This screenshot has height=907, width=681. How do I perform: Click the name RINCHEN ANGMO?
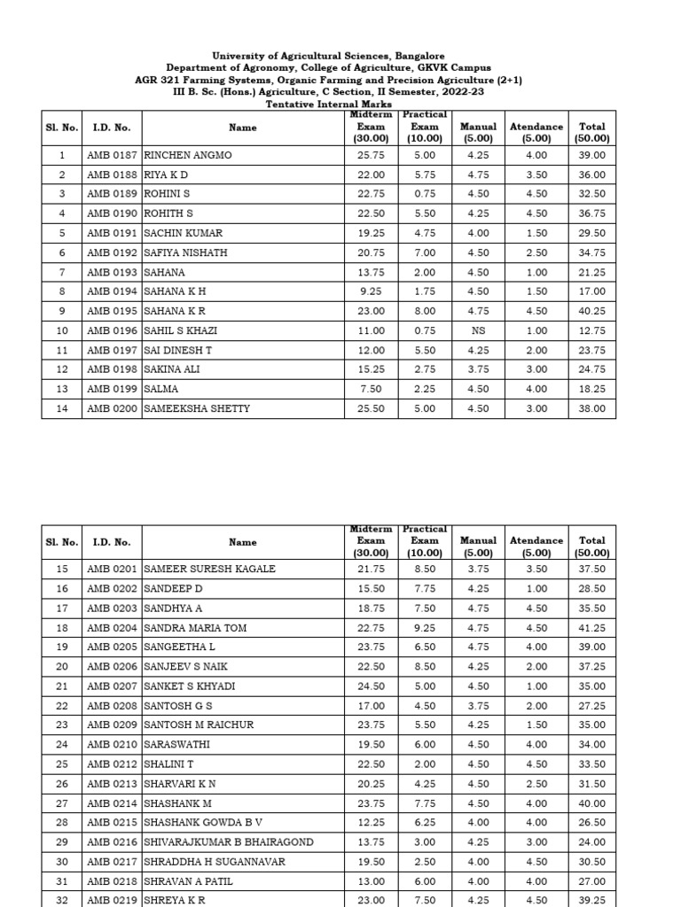point(188,155)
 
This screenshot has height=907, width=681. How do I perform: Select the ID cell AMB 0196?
point(112,330)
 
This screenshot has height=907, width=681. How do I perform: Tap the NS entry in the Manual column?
point(478,330)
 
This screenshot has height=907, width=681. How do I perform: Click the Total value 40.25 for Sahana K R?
point(591,311)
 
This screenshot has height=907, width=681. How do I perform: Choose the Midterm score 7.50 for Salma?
point(371,389)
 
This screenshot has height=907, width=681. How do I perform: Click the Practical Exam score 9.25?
point(425,628)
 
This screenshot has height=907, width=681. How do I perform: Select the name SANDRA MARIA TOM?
point(195,628)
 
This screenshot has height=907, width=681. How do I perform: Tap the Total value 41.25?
point(591,628)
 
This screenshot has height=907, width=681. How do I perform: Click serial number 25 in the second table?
point(62,764)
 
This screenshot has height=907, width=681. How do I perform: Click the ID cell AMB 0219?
point(112,899)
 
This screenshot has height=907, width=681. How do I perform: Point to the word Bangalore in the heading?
point(415,56)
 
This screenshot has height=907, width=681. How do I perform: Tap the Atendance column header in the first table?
point(536,128)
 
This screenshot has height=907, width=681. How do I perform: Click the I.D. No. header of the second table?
point(112,542)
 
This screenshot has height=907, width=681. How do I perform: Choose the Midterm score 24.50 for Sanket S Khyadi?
point(371,686)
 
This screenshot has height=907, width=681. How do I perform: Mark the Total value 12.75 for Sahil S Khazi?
point(591,330)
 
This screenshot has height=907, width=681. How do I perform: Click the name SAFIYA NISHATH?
point(185,252)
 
